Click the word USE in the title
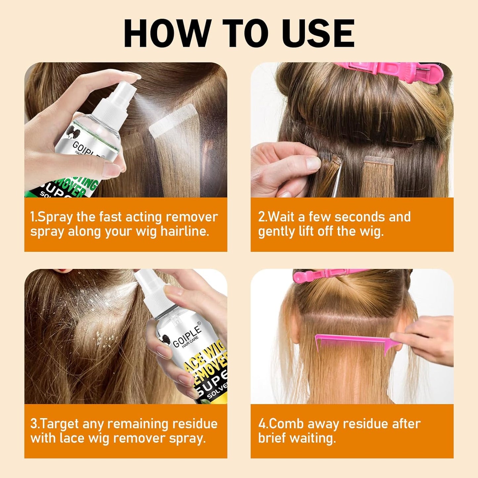point(319,34)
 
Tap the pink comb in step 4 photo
point(351,342)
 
